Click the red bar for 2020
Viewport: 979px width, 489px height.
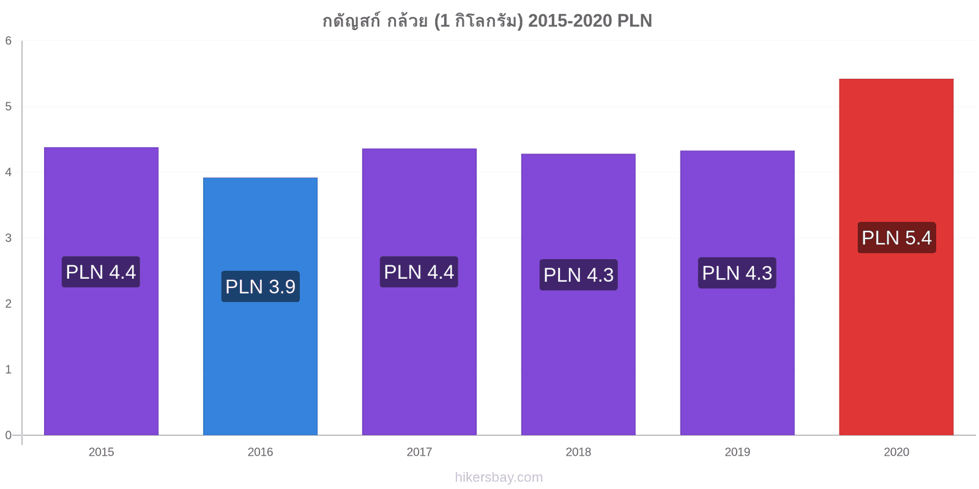tap(896, 257)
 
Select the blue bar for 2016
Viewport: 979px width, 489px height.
tap(260, 306)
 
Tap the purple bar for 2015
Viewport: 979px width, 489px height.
tap(101, 291)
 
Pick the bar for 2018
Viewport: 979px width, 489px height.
tap(578, 294)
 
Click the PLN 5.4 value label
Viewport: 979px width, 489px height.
tap(896, 238)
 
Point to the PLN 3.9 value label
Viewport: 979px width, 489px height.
tap(261, 287)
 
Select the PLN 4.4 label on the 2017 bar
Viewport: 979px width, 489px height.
tap(419, 271)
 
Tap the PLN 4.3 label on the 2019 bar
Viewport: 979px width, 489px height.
tap(737, 273)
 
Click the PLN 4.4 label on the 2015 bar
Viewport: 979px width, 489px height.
tap(100, 271)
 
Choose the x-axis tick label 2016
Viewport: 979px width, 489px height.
tap(260, 452)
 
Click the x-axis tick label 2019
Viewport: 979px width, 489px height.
tap(737, 452)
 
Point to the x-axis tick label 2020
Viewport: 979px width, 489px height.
tap(896, 452)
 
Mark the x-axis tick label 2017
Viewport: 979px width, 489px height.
tap(419, 452)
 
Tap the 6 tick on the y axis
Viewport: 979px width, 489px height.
tap(9, 40)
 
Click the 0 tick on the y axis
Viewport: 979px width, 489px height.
tap(9, 435)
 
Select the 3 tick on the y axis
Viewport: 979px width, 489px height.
tap(9, 238)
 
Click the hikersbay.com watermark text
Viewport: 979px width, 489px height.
tap(499, 477)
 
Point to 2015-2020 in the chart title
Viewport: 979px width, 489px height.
tap(570, 21)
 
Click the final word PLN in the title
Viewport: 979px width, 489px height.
tap(634, 21)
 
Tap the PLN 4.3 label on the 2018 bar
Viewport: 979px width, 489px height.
tap(578, 274)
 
